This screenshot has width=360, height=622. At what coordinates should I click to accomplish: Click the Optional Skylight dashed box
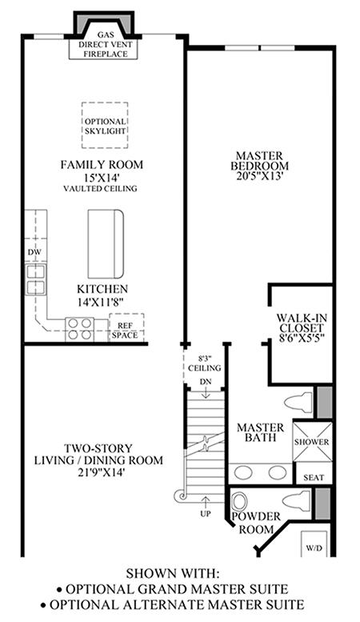[105, 102]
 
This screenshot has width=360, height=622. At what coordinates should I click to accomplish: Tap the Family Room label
[102, 165]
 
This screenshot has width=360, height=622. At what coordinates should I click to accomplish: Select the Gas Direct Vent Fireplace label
[106, 45]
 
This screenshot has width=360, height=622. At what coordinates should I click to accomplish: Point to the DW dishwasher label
[34, 252]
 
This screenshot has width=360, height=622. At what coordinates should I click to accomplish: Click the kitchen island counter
[106, 244]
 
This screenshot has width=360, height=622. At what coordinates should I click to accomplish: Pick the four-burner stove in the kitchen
[80, 329]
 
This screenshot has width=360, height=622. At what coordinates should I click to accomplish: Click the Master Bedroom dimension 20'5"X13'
[259, 176]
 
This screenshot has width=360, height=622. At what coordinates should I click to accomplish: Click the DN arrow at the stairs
[206, 392]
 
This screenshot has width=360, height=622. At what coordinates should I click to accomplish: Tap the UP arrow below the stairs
[206, 502]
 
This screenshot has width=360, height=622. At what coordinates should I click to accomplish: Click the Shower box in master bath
[311, 442]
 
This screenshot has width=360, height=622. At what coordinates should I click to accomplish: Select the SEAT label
[314, 478]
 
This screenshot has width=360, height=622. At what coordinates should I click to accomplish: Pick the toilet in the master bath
[298, 403]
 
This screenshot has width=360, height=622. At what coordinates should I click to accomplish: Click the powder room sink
[239, 502]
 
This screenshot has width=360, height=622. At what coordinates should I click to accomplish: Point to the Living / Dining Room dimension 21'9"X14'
[98, 472]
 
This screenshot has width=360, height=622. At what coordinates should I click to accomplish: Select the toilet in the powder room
[296, 500]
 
